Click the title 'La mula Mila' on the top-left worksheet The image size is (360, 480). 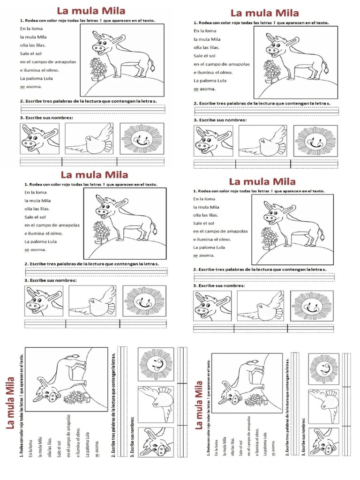(x=91, y=11)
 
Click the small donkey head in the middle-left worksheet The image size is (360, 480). (x=44, y=301)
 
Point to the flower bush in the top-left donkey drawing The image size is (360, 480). (x=98, y=68)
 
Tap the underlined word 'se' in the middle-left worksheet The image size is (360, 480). (x=27, y=250)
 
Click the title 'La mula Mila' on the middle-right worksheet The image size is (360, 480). (x=262, y=181)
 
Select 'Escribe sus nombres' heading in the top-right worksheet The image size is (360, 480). (x=220, y=120)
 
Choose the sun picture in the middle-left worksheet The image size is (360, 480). (x=143, y=301)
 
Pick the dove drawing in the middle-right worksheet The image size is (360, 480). (x=261, y=306)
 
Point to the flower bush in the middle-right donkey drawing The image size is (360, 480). (x=269, y=237)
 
